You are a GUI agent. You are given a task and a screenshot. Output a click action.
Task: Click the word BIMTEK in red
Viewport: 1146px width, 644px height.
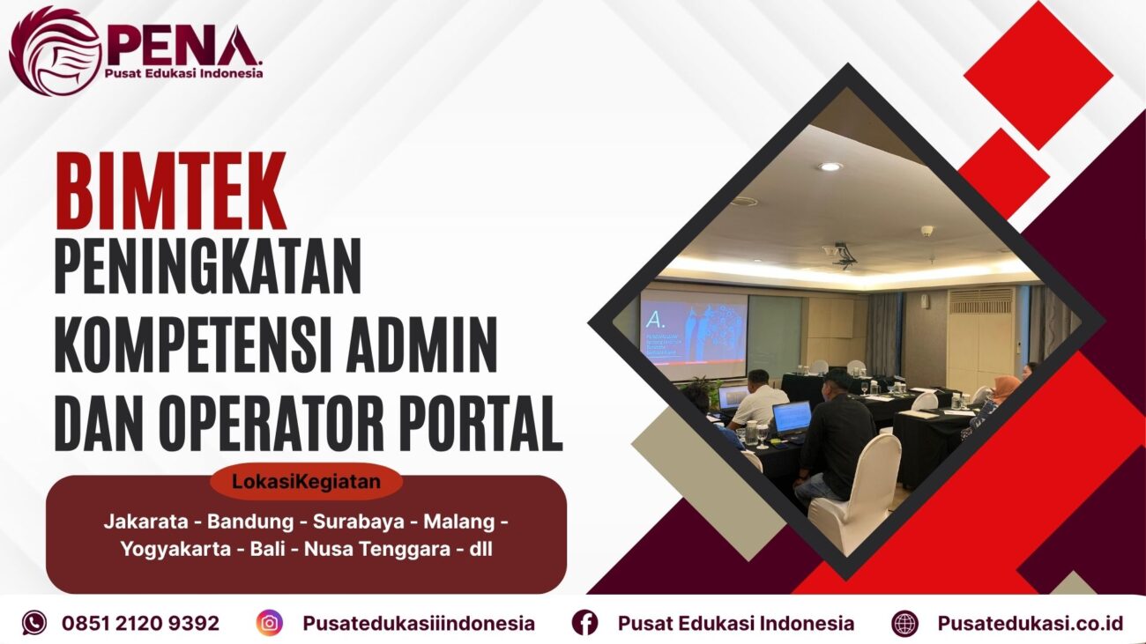click(171, 192)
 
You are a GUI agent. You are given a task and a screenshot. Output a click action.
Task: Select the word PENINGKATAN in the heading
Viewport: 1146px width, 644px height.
click(208, 267)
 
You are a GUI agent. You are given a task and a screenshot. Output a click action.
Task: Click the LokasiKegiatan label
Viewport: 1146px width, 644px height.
click(306, 482)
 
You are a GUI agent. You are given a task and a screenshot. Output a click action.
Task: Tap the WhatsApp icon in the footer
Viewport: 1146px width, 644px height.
click(34, 623)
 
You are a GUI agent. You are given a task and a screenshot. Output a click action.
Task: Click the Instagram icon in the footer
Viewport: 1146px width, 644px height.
click(270, 623)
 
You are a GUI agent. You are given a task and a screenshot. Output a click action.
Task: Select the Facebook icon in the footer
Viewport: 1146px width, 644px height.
click(584, 623)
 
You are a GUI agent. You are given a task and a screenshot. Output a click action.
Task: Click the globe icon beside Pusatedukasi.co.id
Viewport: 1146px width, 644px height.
click(904, 623)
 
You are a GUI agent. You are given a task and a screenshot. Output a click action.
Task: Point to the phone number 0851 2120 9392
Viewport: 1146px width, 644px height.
click(141, 623)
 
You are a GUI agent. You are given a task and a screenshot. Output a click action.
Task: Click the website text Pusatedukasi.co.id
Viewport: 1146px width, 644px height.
click(1031, 623)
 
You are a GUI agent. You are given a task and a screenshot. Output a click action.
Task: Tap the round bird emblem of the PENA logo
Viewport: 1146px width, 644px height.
click(55, 50)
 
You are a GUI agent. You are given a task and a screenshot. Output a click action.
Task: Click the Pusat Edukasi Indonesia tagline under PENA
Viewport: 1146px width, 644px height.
click(184, 74)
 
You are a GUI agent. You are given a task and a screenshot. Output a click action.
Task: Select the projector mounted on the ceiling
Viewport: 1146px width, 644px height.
click(845, 254)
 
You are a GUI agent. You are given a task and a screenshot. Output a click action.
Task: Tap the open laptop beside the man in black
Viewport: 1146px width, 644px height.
click(791, 416)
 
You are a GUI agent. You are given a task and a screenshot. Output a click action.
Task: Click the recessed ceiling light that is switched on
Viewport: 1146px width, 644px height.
click(829, 167)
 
